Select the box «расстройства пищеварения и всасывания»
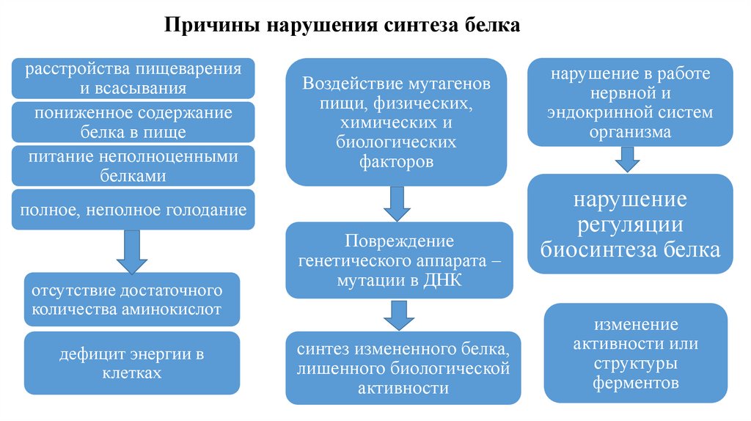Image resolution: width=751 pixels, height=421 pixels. tap(133, 78)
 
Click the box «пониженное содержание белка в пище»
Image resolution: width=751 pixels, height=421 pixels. tap(133, 122)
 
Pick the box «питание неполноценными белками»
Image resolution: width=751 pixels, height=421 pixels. tap(133, 166)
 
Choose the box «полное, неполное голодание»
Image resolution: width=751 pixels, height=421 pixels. tap(133, 210)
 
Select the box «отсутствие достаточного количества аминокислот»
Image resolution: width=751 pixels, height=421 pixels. tap(133, 299)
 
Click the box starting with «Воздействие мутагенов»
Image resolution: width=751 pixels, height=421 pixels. tap(397, 122)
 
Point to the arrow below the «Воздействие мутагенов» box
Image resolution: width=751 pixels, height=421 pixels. tap(397, 203)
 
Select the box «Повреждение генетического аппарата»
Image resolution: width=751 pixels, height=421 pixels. tap(397, 260)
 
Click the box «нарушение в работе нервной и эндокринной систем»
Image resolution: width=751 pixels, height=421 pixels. tap(630, 103)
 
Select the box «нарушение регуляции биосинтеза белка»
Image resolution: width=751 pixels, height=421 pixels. tap(630, 224)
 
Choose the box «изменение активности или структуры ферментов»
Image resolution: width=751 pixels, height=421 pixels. tap(636, 353)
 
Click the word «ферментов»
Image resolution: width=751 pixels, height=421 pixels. tap(636, 383)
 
